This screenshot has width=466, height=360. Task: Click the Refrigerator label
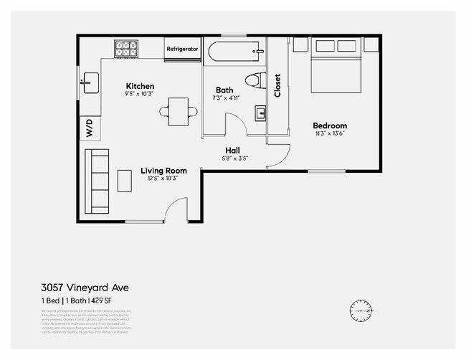[182, 49]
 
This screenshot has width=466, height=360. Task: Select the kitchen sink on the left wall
[89, 82]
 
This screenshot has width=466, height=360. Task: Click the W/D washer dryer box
[90, 128]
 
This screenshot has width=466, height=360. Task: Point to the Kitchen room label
[140, 86]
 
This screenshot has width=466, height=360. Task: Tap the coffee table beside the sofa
[125, 181]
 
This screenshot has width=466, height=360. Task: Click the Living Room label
[163, 171]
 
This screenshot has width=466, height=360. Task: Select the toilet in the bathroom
[254, 80]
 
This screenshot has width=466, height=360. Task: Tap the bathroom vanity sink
[260, 113]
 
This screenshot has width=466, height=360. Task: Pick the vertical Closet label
[277, 85]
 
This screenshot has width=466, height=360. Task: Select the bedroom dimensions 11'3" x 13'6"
[330, 133]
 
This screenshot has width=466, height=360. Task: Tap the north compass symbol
[361, 311]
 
